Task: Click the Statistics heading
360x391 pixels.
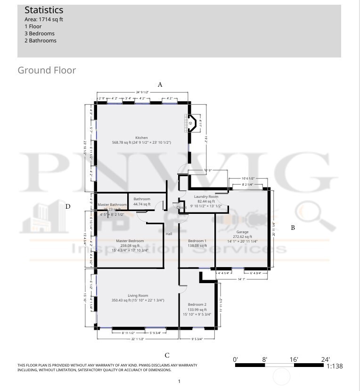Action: pyautogui.click(x=44, y=10)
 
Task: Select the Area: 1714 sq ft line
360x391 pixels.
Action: pyautogui.click(x=44, y=19)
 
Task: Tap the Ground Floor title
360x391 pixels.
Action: pyautogui.click(x=47, y=70)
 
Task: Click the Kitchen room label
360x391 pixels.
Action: pyautogui.click(x=141, y=138)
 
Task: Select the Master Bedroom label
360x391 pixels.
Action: pyautogui.click(x=130, y=241)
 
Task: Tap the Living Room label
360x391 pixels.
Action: pyautogui.click(x=138, y=295)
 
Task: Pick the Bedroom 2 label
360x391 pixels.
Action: pyautogui.click(x=197, y=304)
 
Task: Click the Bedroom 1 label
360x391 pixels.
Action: pyautogui.click(x=197, y=241)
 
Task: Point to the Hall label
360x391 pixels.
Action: pyautogui.click(x=169, y=233)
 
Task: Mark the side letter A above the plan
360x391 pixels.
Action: pyautogui.click(x=160, y=85)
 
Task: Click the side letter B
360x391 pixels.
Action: pyautogui.click(x=293, y=228)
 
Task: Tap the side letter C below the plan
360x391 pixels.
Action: pyautogui.click(x=167, y=355)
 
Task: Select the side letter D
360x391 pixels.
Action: pyautogui.click(x=68, y=206)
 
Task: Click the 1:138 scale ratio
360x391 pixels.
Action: pyautogui.click(x=335, y=366)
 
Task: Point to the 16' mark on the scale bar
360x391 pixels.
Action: pyautogui.click(x=294, y=359)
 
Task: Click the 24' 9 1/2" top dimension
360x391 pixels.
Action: pyautogui.click(x=142, y=92)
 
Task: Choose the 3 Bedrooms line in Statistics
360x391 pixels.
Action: pyautogui.click(x=40, y=33)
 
